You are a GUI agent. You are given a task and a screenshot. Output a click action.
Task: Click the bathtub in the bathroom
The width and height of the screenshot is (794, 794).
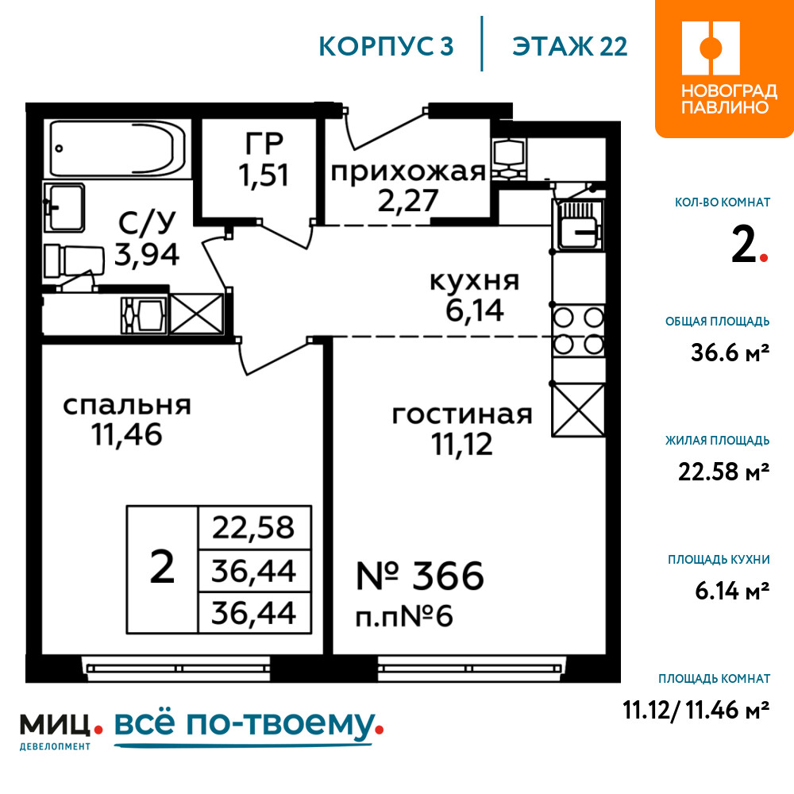tap(118, 148)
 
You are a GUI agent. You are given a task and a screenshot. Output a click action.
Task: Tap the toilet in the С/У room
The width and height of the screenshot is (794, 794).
tap(74, 260)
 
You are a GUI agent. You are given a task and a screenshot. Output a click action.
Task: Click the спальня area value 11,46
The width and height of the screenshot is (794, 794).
tap(126, 435)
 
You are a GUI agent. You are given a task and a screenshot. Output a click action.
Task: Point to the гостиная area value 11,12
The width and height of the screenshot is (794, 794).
tap(462, 444)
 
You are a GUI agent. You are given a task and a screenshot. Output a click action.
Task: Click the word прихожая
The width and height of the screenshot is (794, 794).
tap(408, 172)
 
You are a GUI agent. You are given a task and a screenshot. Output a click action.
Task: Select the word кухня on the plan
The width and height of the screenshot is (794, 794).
tap(475, 281)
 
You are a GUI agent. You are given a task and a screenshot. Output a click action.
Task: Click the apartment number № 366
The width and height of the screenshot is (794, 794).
tap(420, 576)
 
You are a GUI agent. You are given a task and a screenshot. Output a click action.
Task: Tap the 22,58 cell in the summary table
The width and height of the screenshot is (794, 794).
tap(253, 527)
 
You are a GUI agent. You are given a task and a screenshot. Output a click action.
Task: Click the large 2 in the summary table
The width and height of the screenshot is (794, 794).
tap(162, 568)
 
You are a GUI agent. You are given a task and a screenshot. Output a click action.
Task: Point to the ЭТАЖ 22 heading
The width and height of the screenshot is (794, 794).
tap(569, 46)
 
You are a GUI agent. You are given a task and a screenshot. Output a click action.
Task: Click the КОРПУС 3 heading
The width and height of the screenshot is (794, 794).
tap(386, 46)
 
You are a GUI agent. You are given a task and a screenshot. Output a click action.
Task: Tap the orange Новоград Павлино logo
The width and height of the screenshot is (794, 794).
tap(725, 68)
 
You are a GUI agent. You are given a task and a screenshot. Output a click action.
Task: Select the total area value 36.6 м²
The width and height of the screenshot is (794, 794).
tap(730, 353)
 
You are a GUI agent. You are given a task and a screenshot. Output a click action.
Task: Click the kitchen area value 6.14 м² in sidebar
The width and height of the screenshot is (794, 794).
tap(732, 591)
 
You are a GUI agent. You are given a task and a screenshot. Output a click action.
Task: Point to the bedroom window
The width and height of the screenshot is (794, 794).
tap(176, 668)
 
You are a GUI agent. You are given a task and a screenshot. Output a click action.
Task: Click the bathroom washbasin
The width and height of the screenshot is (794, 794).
tap(64, 207)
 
